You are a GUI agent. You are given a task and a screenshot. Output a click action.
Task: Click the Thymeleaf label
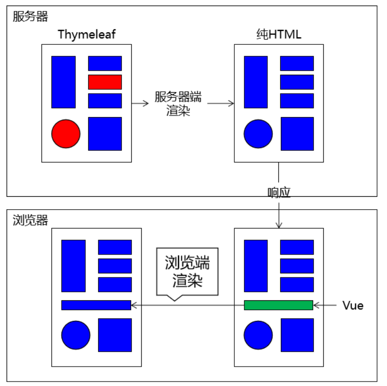coord(86,34)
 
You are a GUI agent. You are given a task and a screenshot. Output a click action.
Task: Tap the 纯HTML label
coord(278,34)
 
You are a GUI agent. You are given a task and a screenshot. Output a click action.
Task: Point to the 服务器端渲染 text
coord(178,104)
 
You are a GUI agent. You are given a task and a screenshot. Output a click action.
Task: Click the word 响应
coord(278,193)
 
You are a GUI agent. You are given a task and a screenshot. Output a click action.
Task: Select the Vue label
coord(353,305)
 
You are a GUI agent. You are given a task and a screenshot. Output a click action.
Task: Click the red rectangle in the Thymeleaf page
coord(105,82)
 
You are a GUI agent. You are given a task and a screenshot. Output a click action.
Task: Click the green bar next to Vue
coord(278,305)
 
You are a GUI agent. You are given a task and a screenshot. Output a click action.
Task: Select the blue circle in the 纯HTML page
coord(258,133)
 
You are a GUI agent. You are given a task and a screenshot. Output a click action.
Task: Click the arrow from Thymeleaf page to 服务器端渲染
coord(140,103)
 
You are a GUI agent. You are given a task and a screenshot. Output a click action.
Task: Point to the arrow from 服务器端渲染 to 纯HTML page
coord(220,103)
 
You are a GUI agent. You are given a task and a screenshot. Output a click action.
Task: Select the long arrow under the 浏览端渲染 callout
coord(187,305)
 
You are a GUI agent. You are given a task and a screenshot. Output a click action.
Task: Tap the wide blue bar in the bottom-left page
coord(96,305)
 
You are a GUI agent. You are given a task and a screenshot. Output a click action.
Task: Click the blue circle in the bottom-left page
coord(76,335)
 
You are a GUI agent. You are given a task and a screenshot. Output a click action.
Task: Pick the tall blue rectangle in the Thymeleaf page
coord(63,82)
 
